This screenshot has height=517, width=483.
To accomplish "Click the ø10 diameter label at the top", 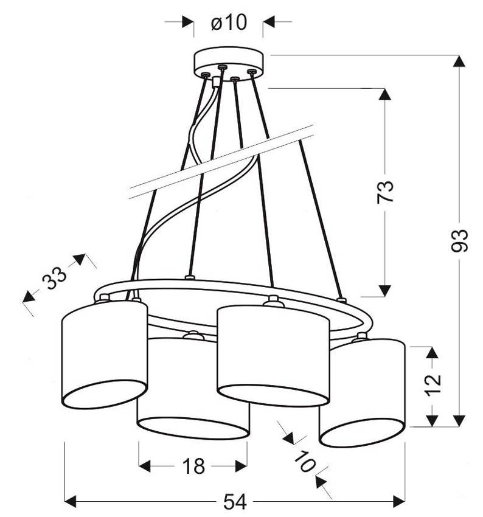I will pyautogui.click(x=229, y=23).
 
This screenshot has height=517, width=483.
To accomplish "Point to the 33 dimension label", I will pyautogui.click(x=54, y=280).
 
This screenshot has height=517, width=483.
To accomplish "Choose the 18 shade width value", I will pyautogui.click(x=193, y=467).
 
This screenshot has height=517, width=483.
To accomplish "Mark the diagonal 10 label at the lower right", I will pyautogui.click(x=305, y=460).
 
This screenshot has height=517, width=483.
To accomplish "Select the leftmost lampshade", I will pyautogui.click(x=105, y=353).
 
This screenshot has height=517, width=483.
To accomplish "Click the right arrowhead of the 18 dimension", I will pyautogui.click(x=241, y=467).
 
